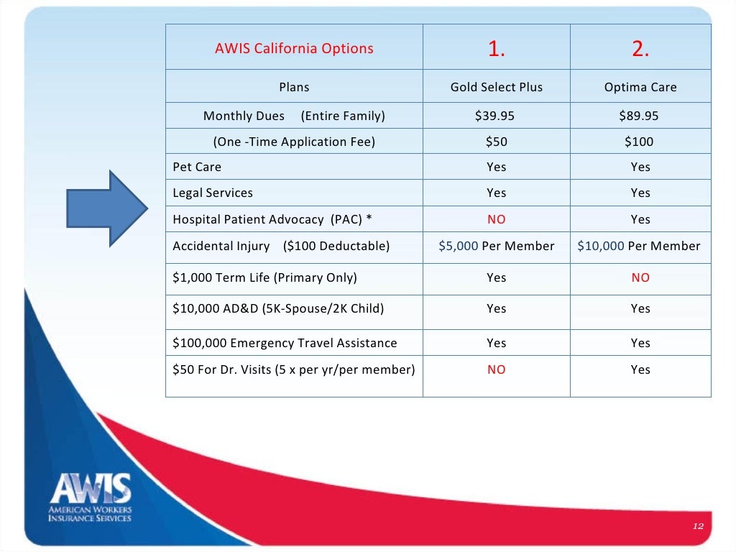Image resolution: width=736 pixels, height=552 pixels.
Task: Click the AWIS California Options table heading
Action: (294, 49)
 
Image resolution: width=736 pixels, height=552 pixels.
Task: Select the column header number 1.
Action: (497, 48)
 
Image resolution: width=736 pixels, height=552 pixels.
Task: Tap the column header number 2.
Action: (640, 48)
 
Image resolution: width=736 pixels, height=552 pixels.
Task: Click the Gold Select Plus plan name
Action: (497, 87)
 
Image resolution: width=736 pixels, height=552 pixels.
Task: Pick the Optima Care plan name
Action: (640, 87)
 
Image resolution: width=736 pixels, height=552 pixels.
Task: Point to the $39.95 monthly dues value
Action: (497, 116)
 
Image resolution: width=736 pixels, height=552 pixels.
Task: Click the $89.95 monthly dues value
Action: (640, 116)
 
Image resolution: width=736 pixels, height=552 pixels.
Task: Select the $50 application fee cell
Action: (497, 142)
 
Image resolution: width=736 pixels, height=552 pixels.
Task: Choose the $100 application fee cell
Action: (640, 142)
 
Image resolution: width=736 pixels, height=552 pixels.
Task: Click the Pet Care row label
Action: (197, 167)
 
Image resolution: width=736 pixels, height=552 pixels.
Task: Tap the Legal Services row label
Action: (213, 193)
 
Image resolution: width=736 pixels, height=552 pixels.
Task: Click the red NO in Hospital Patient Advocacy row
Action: (497, 219)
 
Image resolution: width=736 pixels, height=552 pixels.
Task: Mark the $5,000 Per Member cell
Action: (497, 246)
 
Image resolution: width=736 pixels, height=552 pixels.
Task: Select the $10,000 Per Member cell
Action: (639, 246)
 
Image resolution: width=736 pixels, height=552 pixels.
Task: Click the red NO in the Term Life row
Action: (640, 277)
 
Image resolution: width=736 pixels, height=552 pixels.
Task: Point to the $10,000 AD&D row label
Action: (278, 308)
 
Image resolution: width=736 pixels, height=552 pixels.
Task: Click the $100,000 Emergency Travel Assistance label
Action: (285, 343)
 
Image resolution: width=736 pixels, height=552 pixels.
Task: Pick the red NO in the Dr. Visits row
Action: (497, 369)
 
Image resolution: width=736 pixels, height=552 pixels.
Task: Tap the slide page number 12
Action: (697, 527)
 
